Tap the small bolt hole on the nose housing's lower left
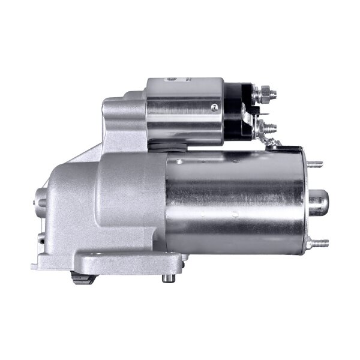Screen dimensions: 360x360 (x=42, y=240)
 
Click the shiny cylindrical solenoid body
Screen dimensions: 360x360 (x=183, y=111)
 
